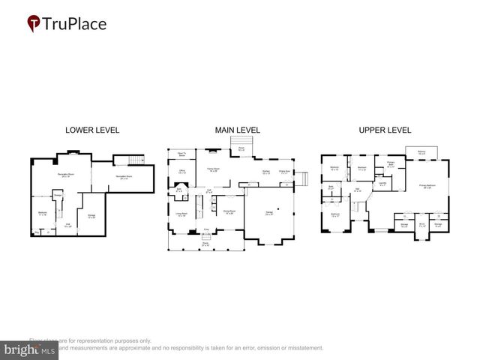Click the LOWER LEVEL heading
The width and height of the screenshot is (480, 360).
click(92, 130)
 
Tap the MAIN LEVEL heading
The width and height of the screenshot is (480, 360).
click(238, 130)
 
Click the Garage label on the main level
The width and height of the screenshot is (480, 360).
click(268, 213)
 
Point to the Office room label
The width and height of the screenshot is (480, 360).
click(182, 172)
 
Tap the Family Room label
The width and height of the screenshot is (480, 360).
click(212, 170)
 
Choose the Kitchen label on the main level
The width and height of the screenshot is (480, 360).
click(265, 172)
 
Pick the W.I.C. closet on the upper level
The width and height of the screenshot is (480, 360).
click(421, 224)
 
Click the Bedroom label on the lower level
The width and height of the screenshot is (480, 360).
click(42, 213)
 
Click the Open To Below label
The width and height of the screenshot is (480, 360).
click(181, 154)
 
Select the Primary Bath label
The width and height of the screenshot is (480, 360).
click(391, 166)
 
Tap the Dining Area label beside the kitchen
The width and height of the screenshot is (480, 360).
click(285, 172)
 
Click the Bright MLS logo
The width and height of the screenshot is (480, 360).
click(29, 349)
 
